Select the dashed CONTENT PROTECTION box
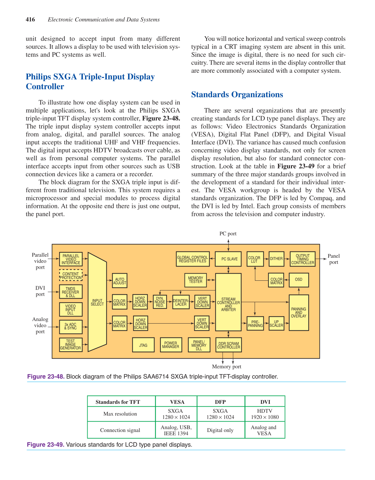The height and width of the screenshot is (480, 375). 71,275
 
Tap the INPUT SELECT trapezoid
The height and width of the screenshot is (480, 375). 97,302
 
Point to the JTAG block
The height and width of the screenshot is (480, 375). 143,345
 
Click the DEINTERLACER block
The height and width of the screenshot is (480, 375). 181,302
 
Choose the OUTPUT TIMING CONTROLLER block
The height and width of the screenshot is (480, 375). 303,259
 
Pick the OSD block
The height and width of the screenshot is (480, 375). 298,280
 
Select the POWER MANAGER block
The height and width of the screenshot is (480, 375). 171,345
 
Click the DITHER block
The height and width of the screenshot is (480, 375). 276,259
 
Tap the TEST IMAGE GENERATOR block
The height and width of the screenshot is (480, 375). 70,345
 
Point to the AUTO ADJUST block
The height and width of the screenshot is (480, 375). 119,281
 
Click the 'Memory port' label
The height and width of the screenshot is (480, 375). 226,367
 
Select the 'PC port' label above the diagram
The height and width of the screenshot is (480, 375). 228,234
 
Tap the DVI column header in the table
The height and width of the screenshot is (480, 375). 265,402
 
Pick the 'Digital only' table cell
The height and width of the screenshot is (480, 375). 220,430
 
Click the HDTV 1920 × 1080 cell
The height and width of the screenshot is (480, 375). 265,414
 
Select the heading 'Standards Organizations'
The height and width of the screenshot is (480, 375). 237,95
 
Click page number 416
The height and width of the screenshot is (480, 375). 30,19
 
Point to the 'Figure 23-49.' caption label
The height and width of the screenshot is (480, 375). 45,445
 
